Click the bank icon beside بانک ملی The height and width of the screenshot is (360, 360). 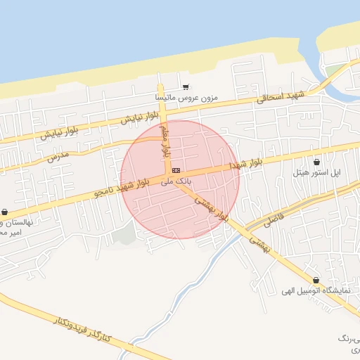[x=176, y=170]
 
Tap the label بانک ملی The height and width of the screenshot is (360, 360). [x=176, y=181]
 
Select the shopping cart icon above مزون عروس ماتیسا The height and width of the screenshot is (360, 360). [x=186, y=87]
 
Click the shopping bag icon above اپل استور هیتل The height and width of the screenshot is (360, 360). [x=316, y=162]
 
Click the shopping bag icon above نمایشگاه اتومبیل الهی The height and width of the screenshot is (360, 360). [x=314, y=280]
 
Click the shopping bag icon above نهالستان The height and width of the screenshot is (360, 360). [x=5, y=212]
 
